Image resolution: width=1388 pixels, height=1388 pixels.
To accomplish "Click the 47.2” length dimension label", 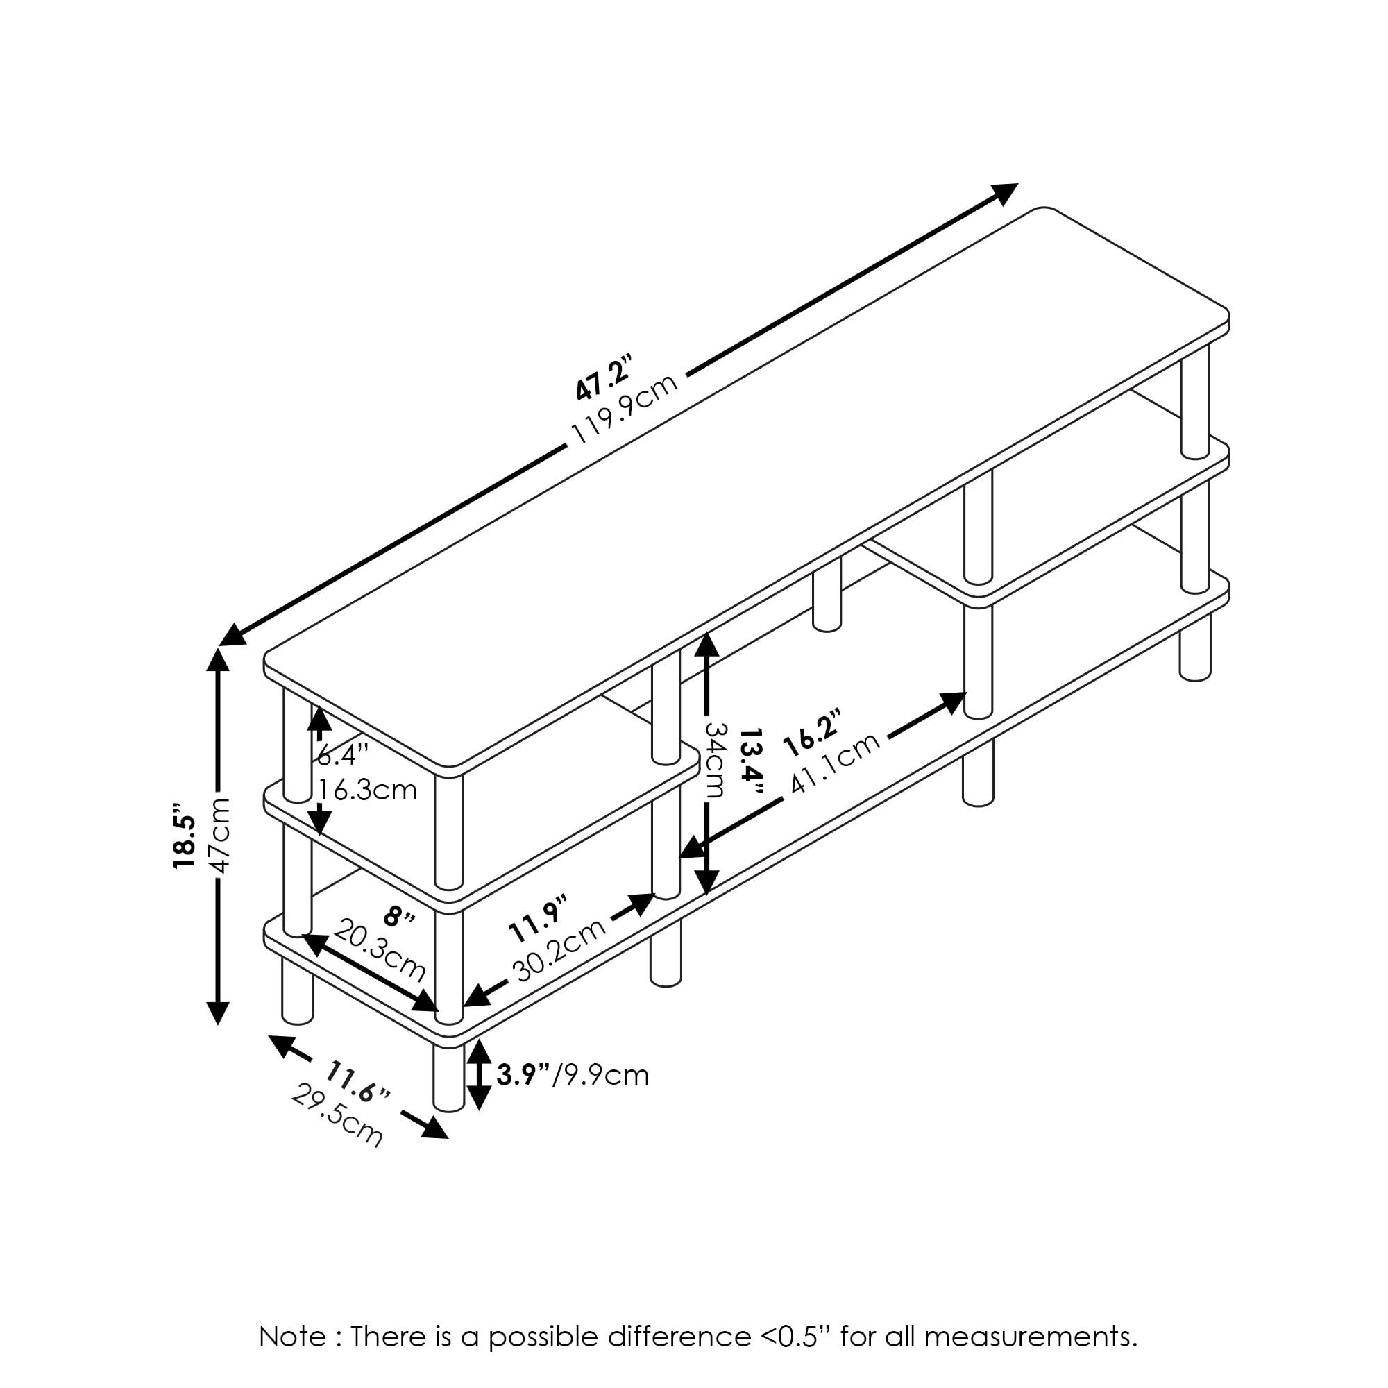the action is (x=603, y=376).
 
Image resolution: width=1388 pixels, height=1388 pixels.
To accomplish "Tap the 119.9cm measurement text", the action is (x=625, y=409).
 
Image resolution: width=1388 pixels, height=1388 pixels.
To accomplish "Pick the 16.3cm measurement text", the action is (x=367, y=790).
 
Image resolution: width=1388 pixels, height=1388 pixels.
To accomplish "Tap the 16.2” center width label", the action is (x=812, y=732).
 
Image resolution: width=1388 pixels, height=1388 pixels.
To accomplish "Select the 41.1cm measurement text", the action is (x=836, y=763).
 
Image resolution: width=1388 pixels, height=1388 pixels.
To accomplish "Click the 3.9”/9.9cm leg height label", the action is (x=573, y=1075).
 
